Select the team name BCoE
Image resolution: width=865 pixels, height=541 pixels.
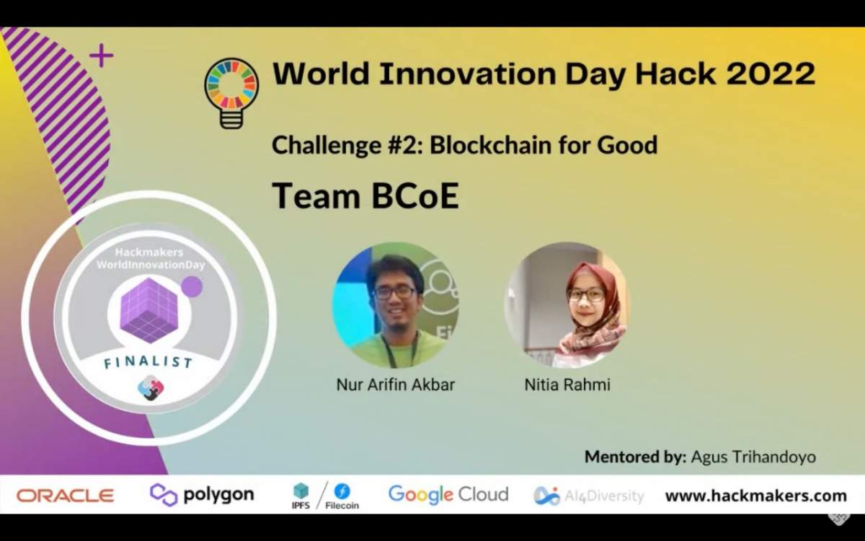point(414,195)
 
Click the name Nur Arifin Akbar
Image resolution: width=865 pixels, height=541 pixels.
point(396,384)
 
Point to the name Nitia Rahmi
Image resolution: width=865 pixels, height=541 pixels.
point(567,384)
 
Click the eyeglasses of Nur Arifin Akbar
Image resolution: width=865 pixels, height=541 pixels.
point(395,292)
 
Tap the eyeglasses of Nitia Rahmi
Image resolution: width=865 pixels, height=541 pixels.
point(585,294)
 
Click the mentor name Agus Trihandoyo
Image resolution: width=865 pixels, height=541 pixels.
point(753,457)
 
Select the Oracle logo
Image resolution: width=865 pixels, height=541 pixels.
point(66,496)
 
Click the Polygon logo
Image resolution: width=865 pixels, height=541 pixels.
point(202,495)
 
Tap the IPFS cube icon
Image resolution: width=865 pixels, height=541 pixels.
point(301,491)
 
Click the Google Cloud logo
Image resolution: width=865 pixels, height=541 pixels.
point(448,495)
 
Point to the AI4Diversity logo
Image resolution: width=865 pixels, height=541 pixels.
point(588,496)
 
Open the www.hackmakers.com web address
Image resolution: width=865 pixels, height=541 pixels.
point(755,496)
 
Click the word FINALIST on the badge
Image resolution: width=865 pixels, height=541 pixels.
point(148,361)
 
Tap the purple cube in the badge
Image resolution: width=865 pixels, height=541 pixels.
point(148,309)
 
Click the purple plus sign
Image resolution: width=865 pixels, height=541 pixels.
point(101,55)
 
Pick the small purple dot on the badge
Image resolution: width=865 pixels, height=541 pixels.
point(192,287)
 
